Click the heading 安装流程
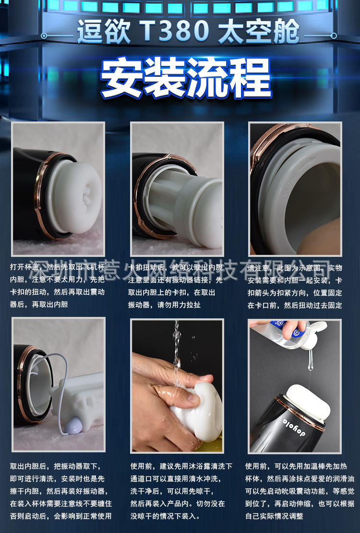click(x=186, y=77)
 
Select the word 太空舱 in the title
click(x=259, y=32)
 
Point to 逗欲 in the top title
click(x=102, y=32)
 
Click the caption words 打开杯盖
click(x=24, y=267)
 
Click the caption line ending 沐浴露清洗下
click(x=181, y=466)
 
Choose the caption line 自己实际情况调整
click(x=274, y=516)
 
